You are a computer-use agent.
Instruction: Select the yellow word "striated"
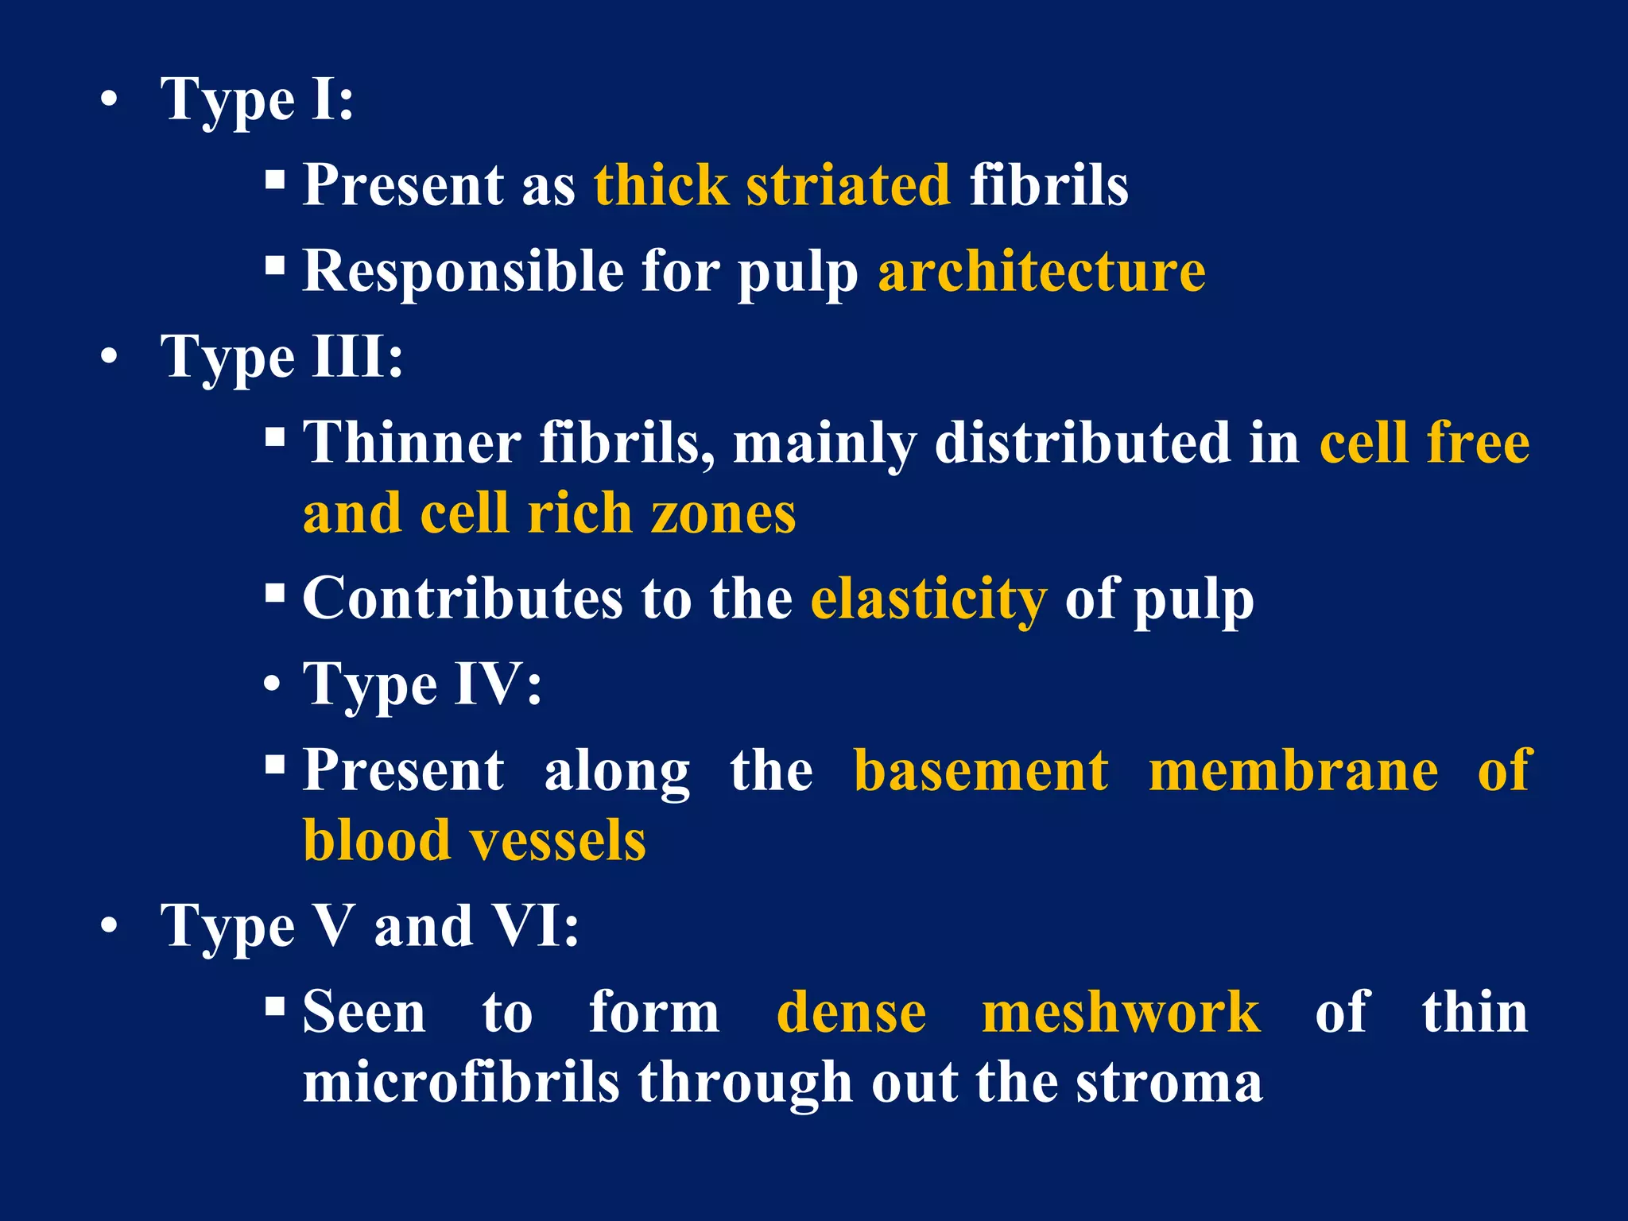pos(847,184)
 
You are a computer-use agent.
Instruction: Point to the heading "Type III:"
pos(281,356)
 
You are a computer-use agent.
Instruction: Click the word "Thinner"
pos(412,442)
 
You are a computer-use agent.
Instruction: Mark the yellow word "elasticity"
pos(928,598)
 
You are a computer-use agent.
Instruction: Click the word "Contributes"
pos(463,598)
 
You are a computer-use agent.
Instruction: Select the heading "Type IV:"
pos(422,684)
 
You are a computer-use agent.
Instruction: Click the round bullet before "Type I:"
pos(110,101)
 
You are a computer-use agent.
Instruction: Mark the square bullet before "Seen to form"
pos(275,1007)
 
